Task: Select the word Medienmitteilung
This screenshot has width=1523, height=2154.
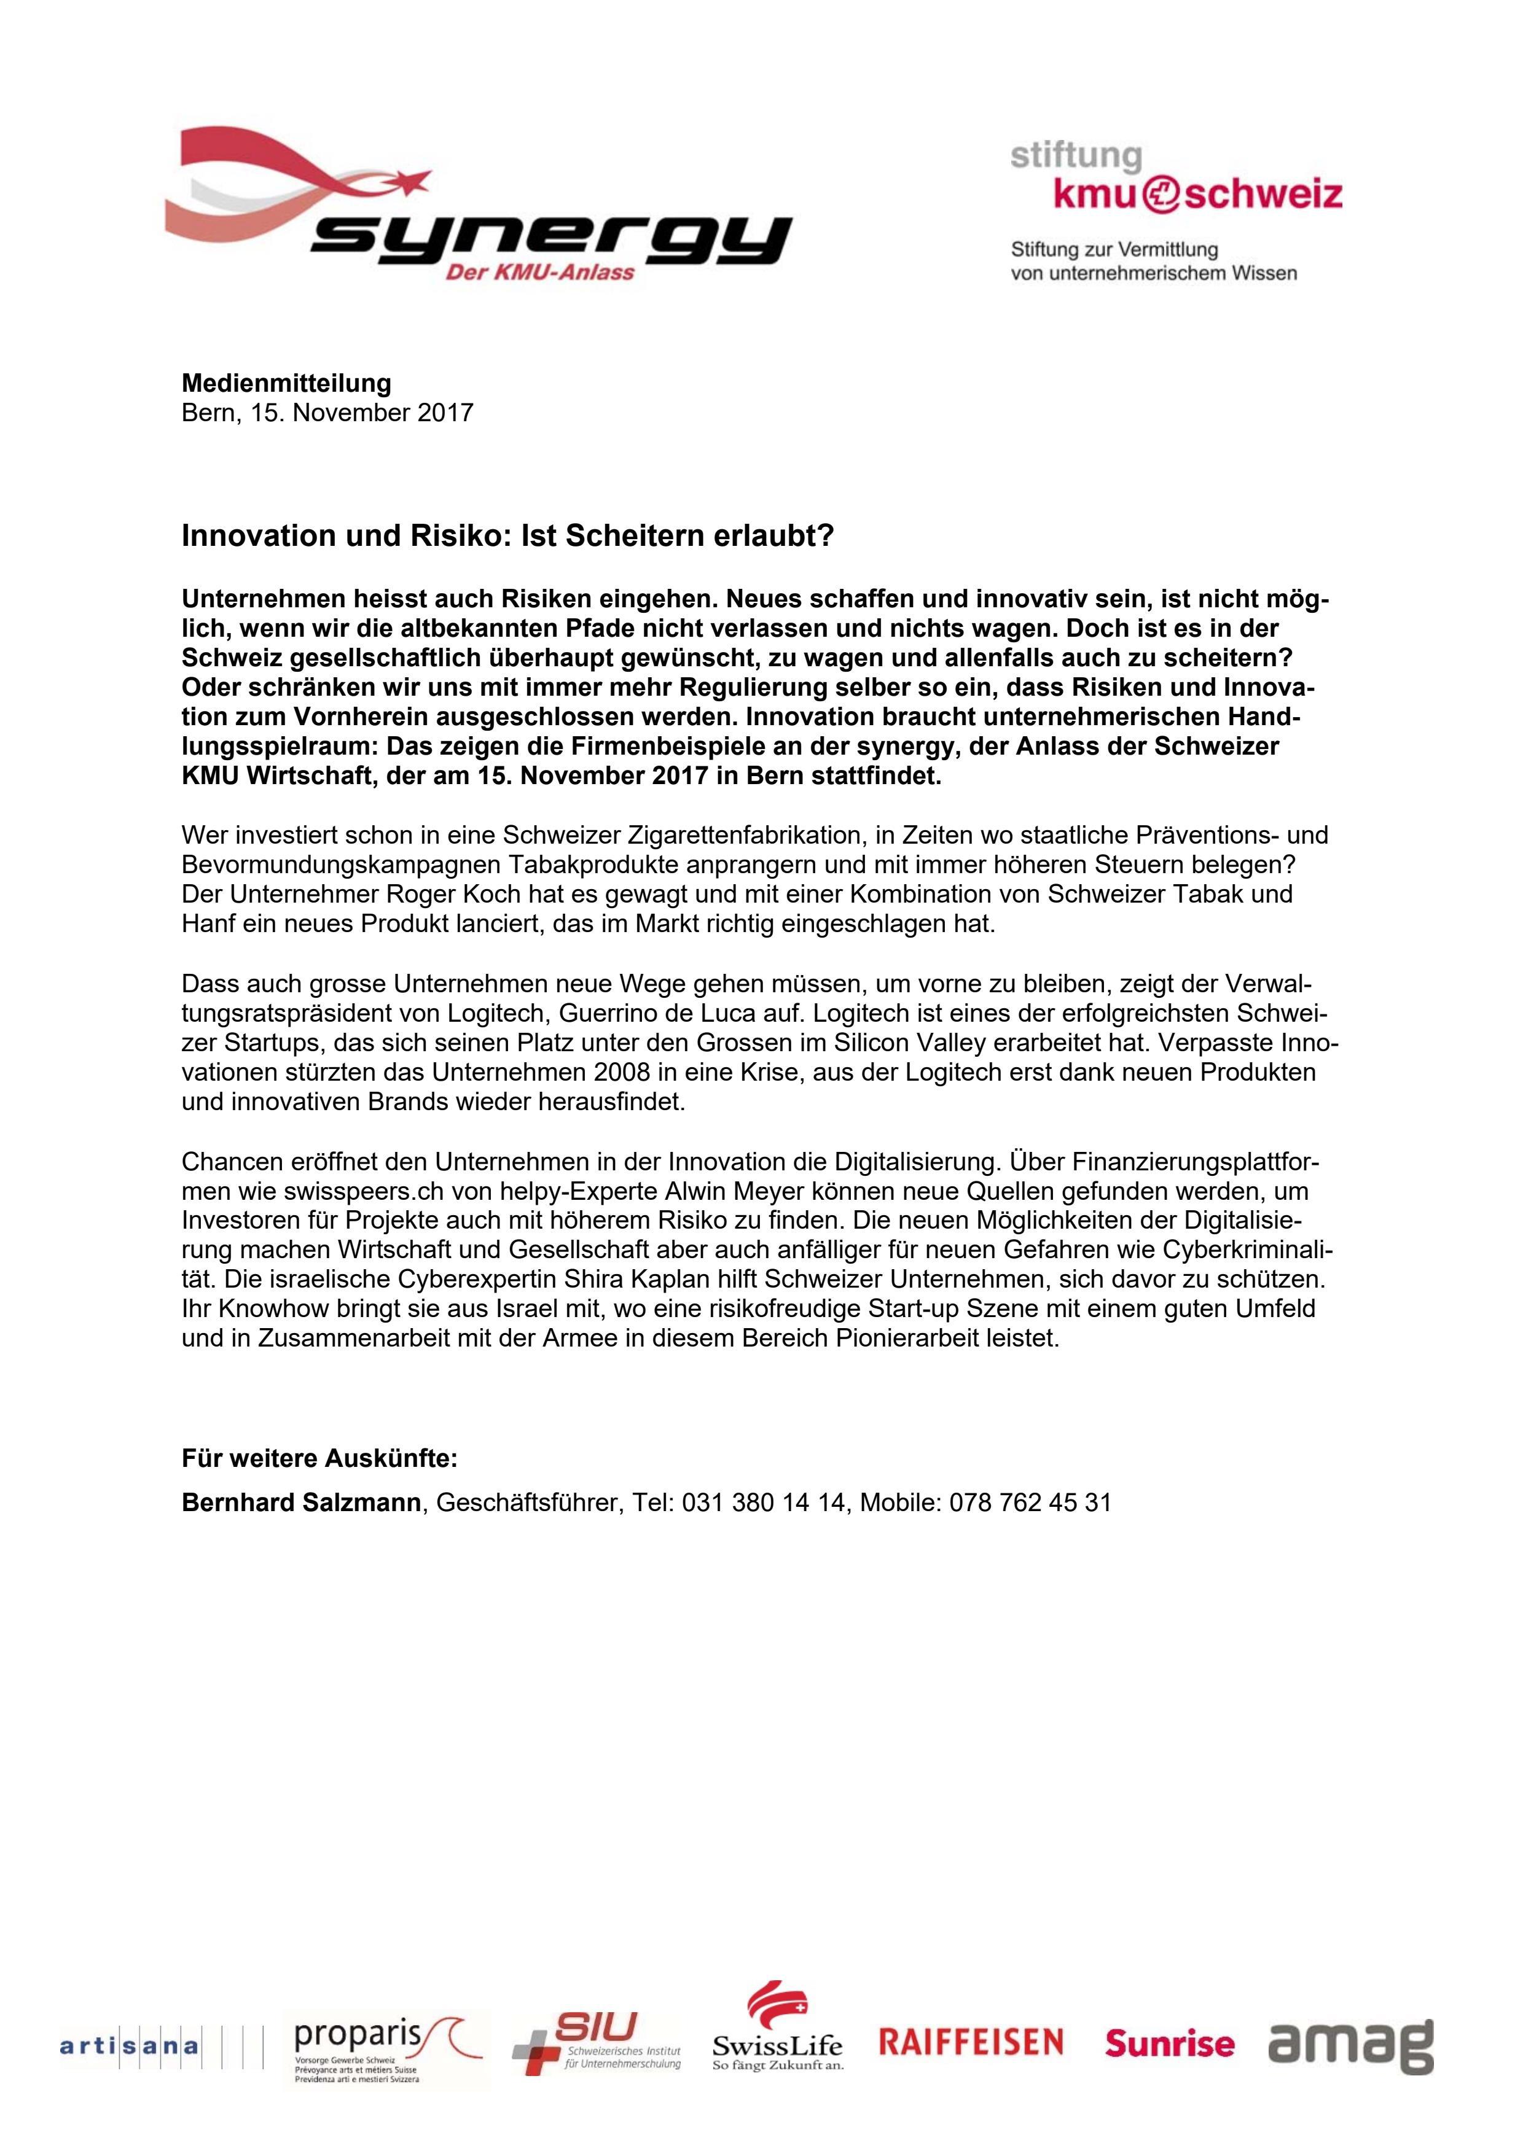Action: click(x=286, y=383)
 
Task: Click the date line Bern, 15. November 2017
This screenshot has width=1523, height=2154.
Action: click(x=327, y=412)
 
